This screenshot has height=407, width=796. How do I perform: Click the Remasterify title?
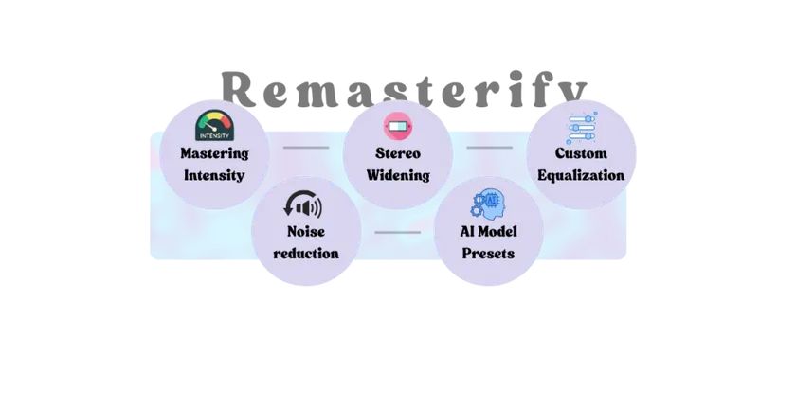click(x=405, y=89)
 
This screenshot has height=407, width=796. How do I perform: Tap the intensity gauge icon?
click(x=215, y=125)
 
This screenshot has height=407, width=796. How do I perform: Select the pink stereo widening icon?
click(x=398, y=126)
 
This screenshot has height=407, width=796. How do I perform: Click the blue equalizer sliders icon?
click(x=582, y=128)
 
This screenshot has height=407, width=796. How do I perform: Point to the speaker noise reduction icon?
click(x=303, y=204)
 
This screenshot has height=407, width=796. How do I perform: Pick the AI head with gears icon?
click(x=486, y=203)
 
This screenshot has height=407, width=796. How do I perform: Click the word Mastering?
click(x=215, y=153)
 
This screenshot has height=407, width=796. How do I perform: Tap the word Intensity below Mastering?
click(x=214, y=175)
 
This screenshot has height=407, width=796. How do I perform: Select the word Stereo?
click(x=398, y=153)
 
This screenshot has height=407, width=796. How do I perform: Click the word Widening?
click(x=398, y=175)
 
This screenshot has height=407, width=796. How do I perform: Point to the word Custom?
click(x=581, y=153)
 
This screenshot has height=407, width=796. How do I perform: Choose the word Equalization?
click(x=581, y=175)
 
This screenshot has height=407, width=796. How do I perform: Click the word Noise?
click(x=306, y=232)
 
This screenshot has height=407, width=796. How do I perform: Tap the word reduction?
click(x=306, y=254)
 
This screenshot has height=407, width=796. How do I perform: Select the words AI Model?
click(x=489, y=232)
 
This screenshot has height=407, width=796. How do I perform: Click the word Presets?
click(x=488, y=254)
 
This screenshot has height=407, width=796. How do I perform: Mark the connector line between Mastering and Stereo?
click(x=306, y=148)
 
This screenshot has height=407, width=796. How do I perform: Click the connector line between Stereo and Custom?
click(x=489, y=148)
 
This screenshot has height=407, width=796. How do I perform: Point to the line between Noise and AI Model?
click(x=397, y=232)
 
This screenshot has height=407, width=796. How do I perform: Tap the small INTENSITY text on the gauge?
click(x=215, y=136)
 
